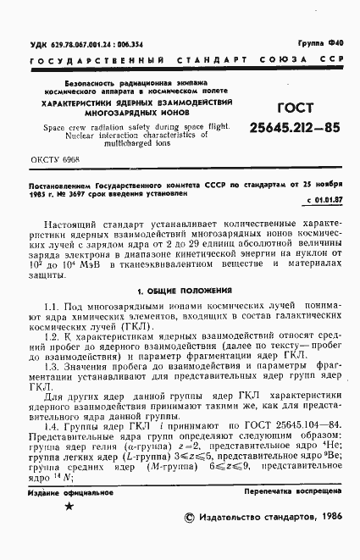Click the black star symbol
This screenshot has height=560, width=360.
[69, 530]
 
